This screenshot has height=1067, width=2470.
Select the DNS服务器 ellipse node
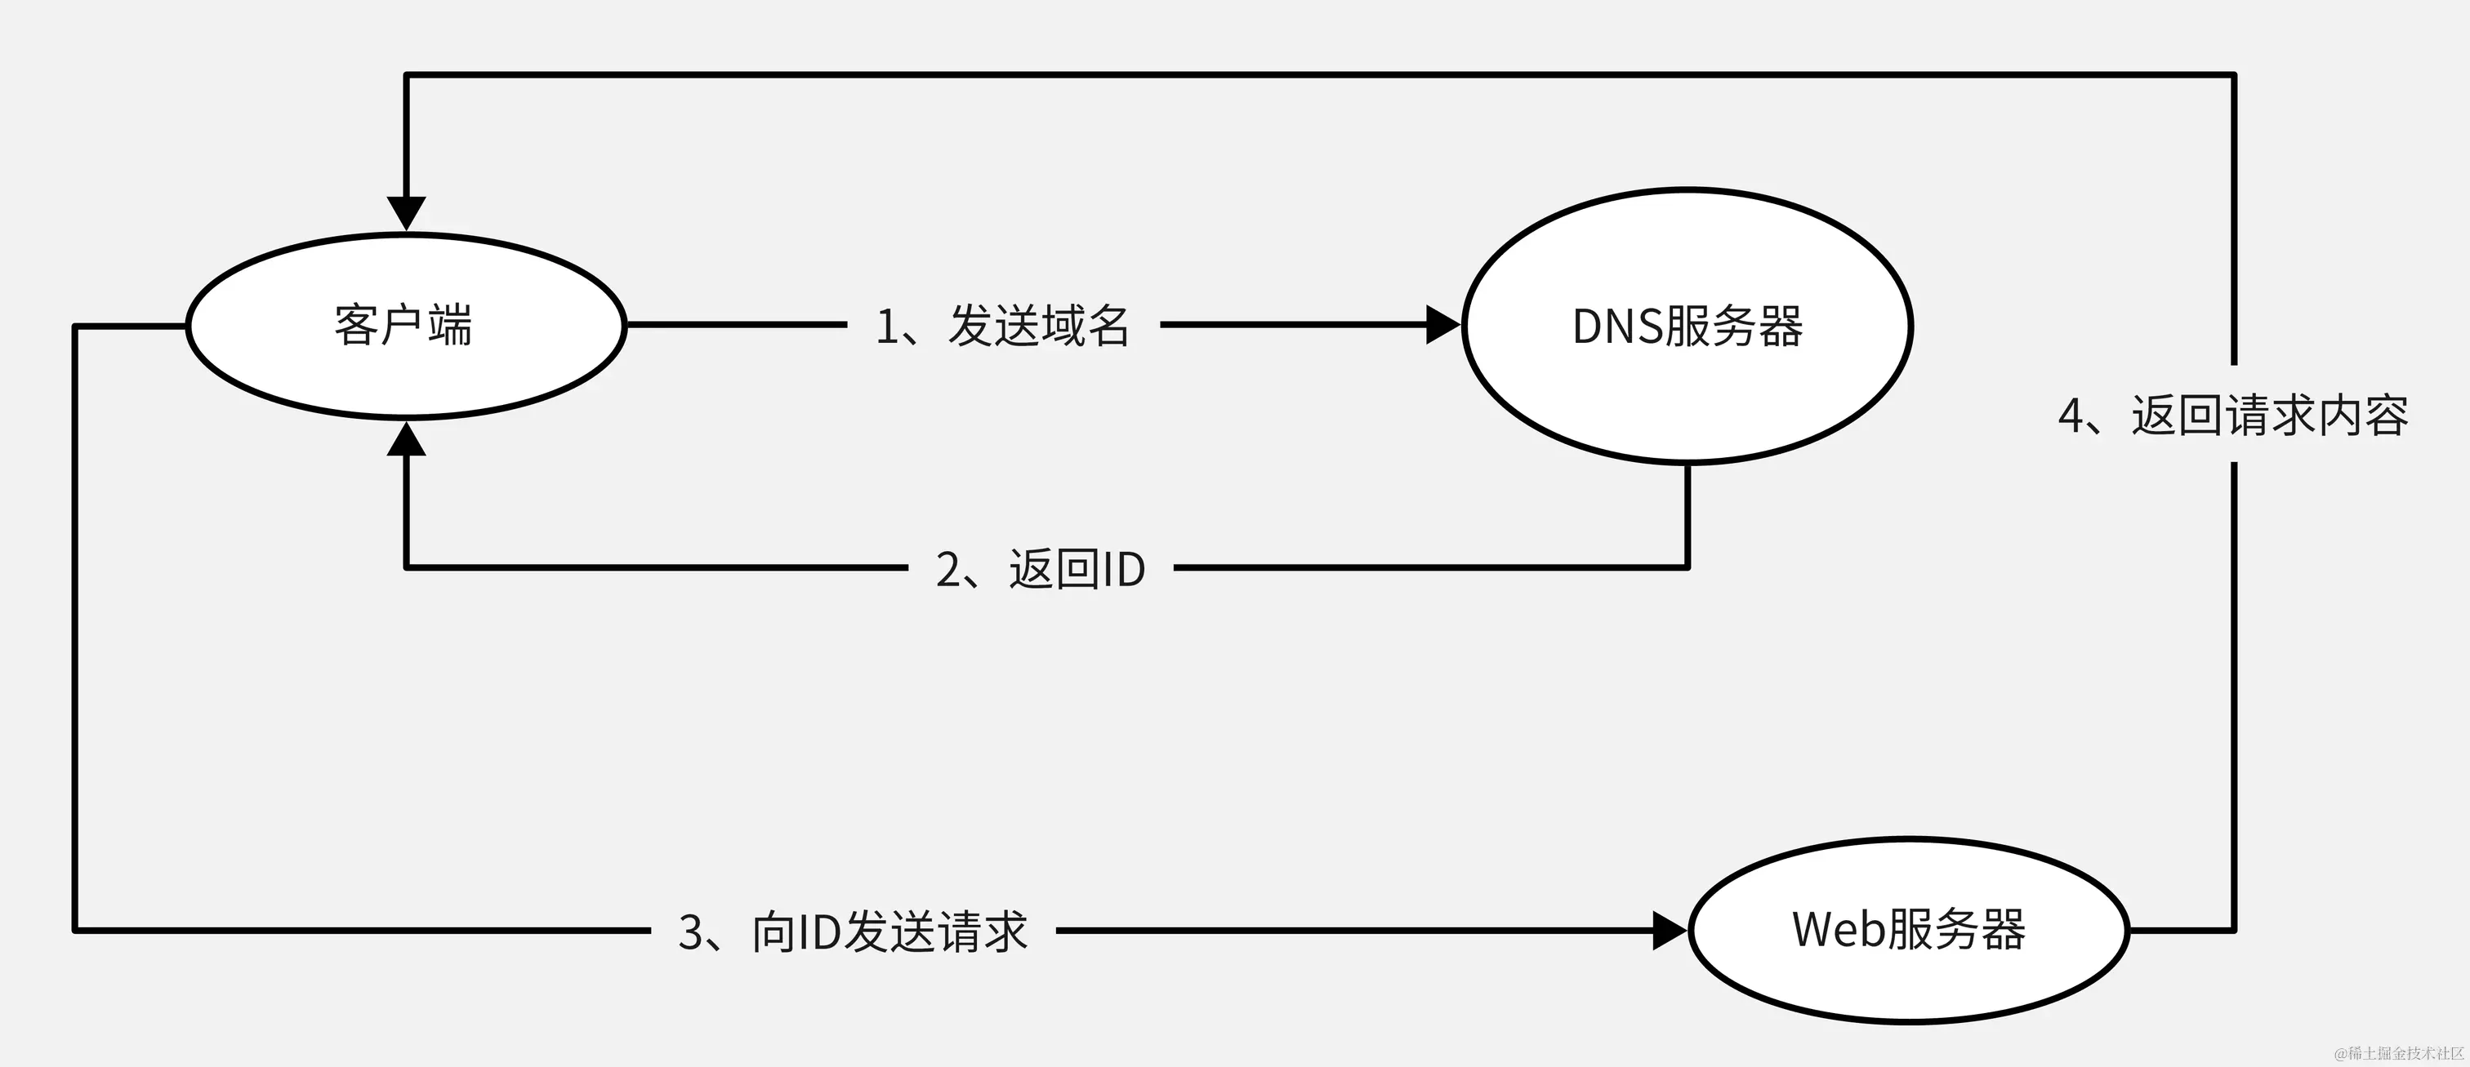[1688, 326]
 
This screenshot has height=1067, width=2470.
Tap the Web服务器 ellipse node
[1908, 930]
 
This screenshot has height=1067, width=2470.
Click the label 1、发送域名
[1003, 326]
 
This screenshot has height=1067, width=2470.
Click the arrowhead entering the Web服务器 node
[1670, 930]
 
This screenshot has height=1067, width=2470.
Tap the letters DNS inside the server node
[1616, 327]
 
